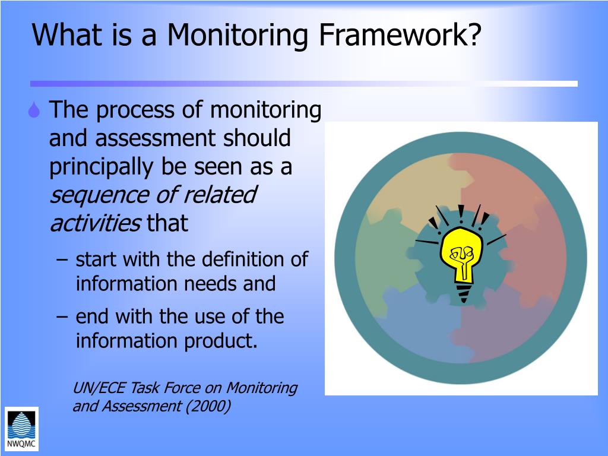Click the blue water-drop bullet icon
coord(36,110)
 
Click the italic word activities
coord(95,223)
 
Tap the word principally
coord(102,167)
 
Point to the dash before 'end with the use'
coord(64,316)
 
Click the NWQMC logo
coord(21,429)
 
